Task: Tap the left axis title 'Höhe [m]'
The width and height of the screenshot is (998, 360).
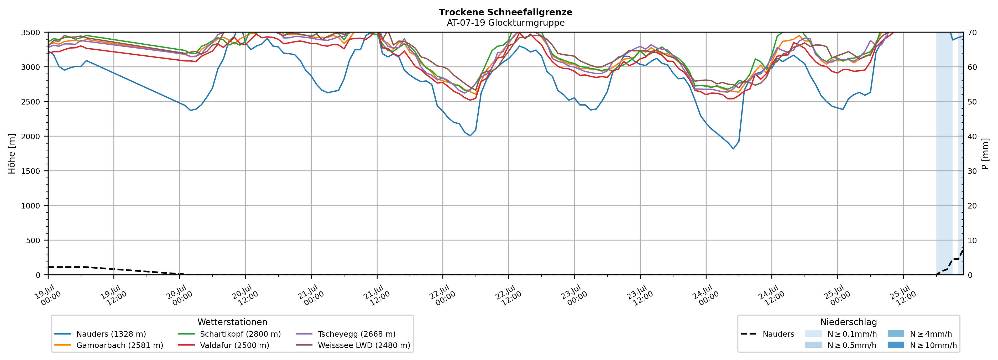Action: coord(12,153)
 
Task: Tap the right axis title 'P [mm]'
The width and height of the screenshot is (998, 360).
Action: coord(985,153)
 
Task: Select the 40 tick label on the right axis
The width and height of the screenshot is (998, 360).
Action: coord(972,136)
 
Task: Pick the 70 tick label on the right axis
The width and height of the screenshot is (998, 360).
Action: coord(972,33)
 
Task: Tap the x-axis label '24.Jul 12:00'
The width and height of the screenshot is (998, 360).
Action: coord(771,295)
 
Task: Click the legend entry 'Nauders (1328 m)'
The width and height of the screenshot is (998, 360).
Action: coord(100,334)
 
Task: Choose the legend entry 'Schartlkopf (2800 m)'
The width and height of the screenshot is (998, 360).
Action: coord(229,334)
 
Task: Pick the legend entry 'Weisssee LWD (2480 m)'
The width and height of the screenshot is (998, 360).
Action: coord(353,345)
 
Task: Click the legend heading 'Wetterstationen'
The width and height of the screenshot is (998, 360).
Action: coord(232,322)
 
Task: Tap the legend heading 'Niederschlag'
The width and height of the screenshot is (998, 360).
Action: coord(848,322)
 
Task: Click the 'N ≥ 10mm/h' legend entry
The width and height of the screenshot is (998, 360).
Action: coord(922,345)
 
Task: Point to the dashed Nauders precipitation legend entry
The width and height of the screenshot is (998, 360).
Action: coord(767,334)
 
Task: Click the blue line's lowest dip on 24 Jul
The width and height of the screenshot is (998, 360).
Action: coord(733,149)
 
